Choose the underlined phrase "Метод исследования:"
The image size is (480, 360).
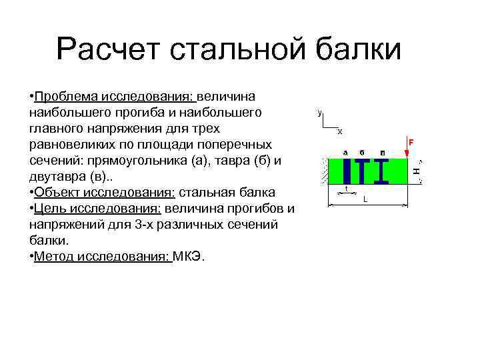pos(103,256)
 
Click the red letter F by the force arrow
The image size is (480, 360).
pos(411,143)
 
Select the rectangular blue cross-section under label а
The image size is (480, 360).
pos(346,171)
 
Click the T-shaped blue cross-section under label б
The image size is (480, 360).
pos(362,171)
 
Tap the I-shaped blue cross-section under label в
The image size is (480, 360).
pos(381,171)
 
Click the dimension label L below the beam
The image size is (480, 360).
pos(365,199)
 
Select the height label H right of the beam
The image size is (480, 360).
pos(416,171)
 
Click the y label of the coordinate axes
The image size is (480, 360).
pos(320,113)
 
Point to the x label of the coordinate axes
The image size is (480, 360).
pos(339,131)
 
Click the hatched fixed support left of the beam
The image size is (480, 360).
pos(327,171)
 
